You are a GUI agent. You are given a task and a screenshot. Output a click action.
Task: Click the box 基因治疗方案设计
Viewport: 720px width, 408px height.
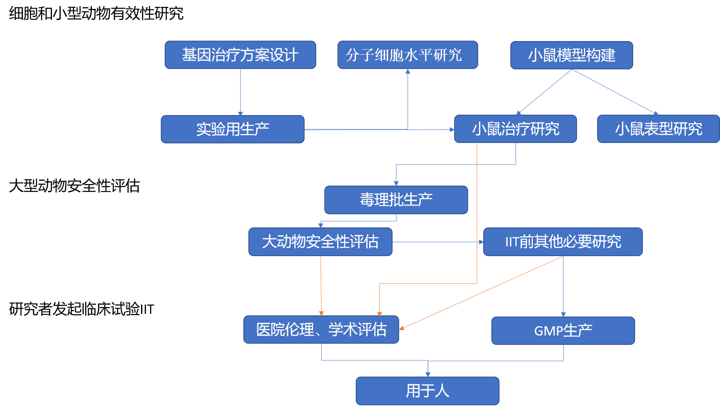tap(240, 55)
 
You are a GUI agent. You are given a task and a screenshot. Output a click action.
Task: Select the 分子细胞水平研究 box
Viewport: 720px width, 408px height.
tap(407, 55)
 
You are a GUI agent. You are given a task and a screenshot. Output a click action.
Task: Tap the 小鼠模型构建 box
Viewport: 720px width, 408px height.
tap(571, 55)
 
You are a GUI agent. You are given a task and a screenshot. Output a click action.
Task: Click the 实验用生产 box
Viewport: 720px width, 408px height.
tap(233, 129)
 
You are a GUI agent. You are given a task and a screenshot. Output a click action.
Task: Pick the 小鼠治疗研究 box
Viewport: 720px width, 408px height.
tap(515, 129)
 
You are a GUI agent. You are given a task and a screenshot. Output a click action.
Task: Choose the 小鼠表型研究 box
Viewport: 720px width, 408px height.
tap(658, 129)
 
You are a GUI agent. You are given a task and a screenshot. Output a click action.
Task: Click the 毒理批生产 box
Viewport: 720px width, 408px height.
tap(396, 200)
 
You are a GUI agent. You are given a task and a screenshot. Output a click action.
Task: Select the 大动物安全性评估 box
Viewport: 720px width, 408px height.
tap(320, 242)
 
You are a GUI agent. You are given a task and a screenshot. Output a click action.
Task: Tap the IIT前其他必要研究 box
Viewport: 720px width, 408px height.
tap(563, 242)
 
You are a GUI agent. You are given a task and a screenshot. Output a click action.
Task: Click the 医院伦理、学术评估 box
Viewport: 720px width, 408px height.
tap(321, 330)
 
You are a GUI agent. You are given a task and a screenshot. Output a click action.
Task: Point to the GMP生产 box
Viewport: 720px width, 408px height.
tap(563, 331)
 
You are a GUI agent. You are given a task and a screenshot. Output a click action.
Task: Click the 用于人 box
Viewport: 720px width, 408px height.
tap(427, 391)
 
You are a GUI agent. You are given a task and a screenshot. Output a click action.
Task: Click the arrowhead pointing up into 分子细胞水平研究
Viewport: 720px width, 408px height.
tap(408, 71)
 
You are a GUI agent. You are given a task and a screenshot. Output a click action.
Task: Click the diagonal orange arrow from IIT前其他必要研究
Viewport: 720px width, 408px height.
tap(481, 293)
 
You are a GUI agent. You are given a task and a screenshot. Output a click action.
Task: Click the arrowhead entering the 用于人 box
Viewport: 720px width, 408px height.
tap(428, 374)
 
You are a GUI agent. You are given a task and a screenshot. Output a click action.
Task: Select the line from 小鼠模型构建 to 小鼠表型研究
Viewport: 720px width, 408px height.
tap(614, 91)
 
